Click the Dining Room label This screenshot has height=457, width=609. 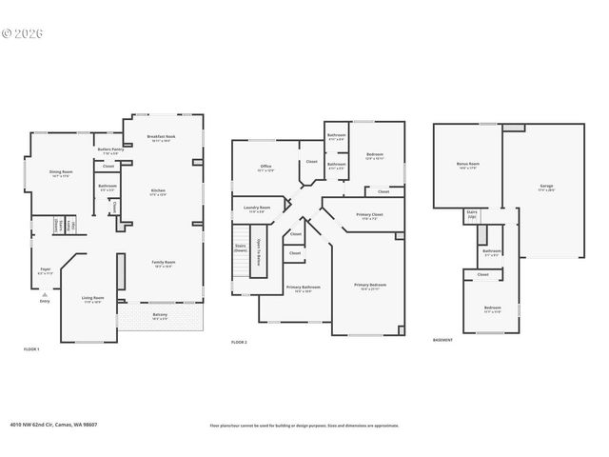(60, 172)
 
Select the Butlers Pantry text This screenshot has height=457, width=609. (110, 149)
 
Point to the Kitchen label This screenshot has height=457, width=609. (158, 191)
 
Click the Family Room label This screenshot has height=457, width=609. (164, 263)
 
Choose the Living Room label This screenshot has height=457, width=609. (92, 298)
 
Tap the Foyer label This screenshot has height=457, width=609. (45, 269)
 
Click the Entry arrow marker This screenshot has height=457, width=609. (45, 296)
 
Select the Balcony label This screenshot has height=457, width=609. (160, 315)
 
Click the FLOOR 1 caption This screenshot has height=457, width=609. (31, 349)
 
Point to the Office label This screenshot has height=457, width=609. (266, 167)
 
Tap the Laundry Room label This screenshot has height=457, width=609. (257, 209)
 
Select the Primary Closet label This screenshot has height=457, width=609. (369, 215)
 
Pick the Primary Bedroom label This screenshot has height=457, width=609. (369, 285)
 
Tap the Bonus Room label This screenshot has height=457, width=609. (467, 164)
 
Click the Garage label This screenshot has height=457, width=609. (546, 186)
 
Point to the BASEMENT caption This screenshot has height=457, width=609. (442, 339)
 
